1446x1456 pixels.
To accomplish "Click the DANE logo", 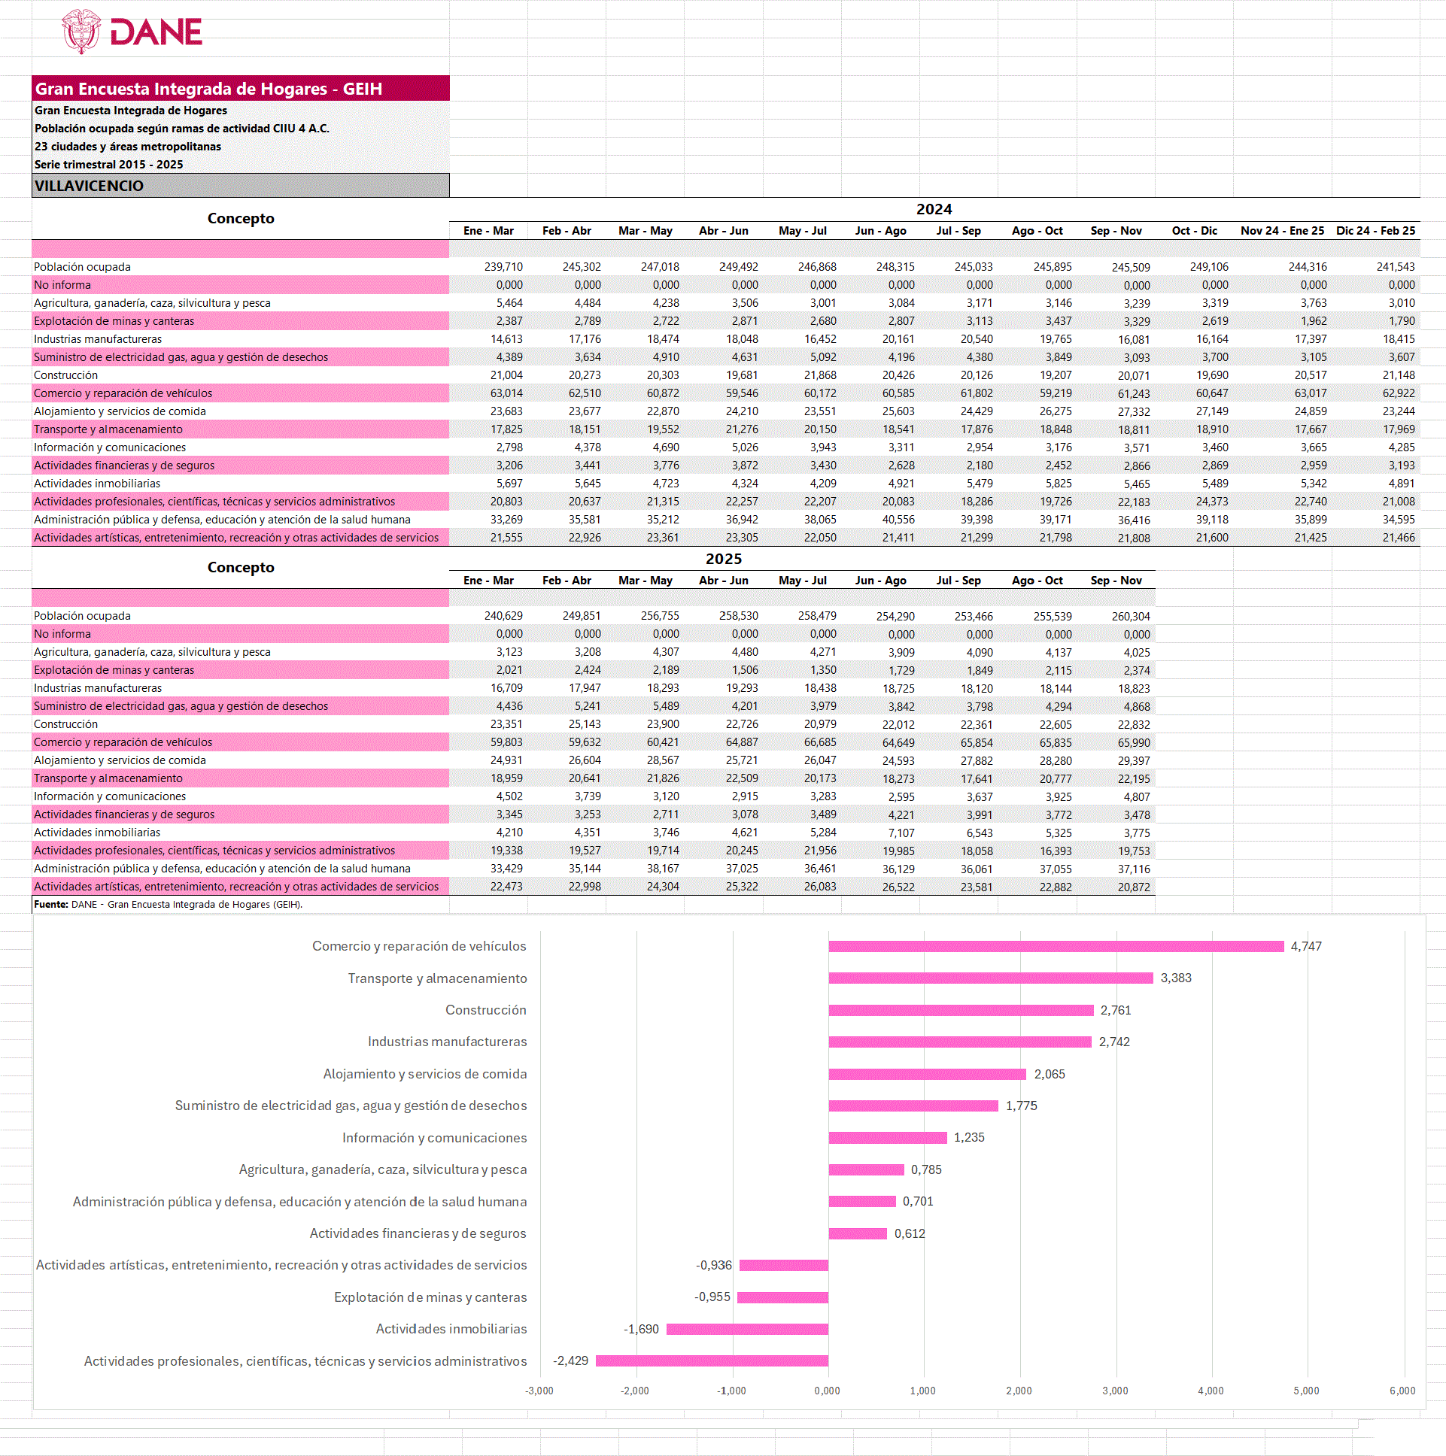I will (132, 32).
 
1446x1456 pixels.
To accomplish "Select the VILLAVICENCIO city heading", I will (89, 187).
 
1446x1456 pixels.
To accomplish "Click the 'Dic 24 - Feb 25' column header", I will (1375, 231).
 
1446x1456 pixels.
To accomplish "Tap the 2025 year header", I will (723, 560).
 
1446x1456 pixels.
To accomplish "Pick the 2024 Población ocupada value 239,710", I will (503, 267).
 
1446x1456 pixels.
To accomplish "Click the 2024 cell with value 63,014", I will (506, 393).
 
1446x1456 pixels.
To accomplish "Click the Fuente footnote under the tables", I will (168, 904).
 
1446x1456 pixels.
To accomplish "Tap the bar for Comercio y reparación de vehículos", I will (1056, 947).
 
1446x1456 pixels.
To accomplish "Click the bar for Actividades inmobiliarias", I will (746, 1330).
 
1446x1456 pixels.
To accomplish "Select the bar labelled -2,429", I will (712, 1361).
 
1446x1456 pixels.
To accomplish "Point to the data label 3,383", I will (1175, 978).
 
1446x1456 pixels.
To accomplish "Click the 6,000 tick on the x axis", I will (1402, 1391).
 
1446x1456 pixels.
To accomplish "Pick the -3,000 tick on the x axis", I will (539, 1391).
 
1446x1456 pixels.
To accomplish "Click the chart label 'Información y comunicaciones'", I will (434, 1138).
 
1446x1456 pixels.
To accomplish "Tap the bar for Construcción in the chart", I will (961, 1011).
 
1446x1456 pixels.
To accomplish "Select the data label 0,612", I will (910, 1233).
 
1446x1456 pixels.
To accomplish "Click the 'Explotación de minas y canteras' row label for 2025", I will (114, 670).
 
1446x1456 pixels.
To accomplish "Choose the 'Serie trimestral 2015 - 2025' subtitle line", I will (108, 164).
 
